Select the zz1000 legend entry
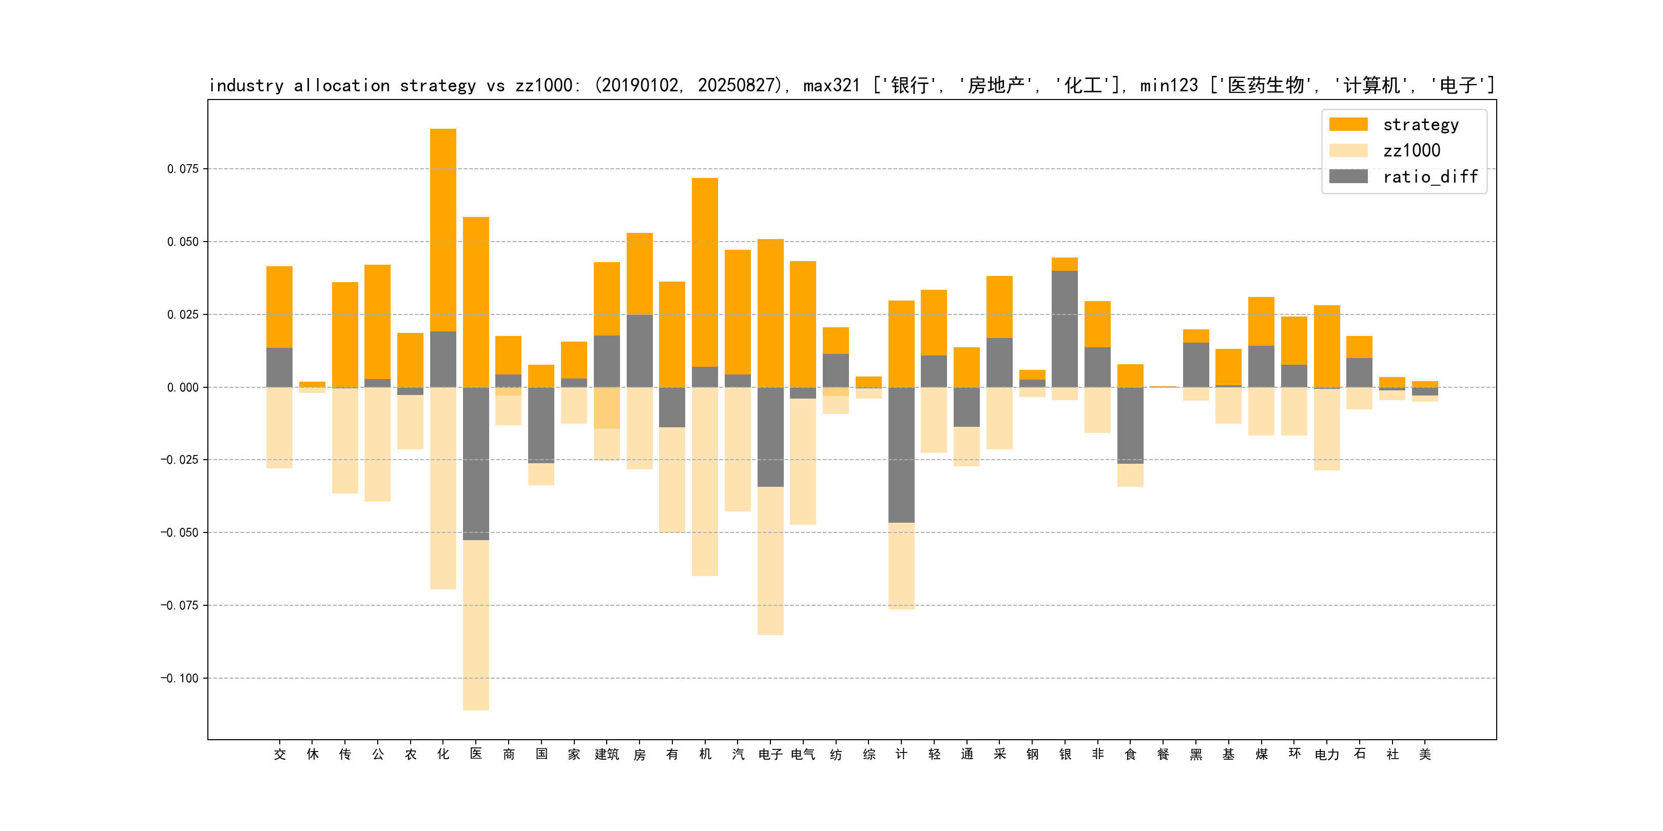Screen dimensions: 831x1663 click(x=1411, y=150)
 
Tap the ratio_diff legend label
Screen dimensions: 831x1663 click(x=1430, y=177)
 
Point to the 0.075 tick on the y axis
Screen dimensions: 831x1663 click(x=183, y=169)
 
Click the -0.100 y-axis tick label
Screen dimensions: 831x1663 click(x=180, y=678)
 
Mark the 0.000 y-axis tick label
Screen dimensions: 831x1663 click(x=183, y=387)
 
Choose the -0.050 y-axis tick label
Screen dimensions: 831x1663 click(x=180, y=532)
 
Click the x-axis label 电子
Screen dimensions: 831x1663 click(x=770, y=754)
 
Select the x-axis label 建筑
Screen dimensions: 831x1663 click(x=606, y=754)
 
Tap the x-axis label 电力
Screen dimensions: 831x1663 click(x=1327, y=754)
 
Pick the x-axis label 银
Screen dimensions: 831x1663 click(x=1065, y=754)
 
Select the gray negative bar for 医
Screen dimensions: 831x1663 click(x=476, y=463)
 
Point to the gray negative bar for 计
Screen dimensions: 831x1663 click(x=901, y=455)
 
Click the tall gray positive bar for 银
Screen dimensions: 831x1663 click(x=1065, y=329)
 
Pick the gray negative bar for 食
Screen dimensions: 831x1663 click(x=1130, y=425)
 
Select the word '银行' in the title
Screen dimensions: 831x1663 click(x=910, y=85)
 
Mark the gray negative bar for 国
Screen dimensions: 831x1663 click(x=541, y=425)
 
